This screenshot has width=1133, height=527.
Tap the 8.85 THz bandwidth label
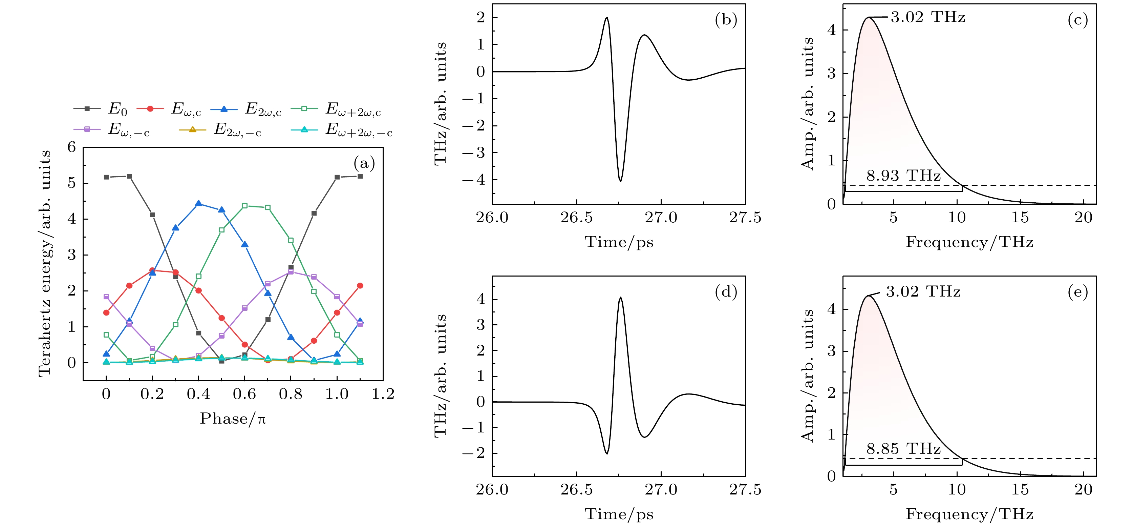coord(903,449)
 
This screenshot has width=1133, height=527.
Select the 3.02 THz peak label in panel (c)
coord(928,18)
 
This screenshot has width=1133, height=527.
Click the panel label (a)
coord(364,164)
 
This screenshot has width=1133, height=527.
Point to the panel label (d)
coord(726,292)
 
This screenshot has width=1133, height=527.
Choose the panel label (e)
coord(1077,292)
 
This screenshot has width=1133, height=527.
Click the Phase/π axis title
coord(233,419)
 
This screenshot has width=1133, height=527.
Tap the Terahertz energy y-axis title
coord(45,263)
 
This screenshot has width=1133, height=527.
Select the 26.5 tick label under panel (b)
coord(576,218)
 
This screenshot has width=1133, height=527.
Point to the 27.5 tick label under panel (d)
coord(745,490)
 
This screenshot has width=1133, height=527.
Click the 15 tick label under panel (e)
coord(1020,490)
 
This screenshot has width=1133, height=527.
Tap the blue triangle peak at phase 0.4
coord(198,203)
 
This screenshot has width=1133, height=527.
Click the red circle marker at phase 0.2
coord(152,270)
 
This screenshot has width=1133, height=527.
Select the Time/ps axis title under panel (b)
coord(619,242)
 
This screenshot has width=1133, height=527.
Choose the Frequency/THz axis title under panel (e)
coord(969,514)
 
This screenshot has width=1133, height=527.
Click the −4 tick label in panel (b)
coord(473,180)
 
